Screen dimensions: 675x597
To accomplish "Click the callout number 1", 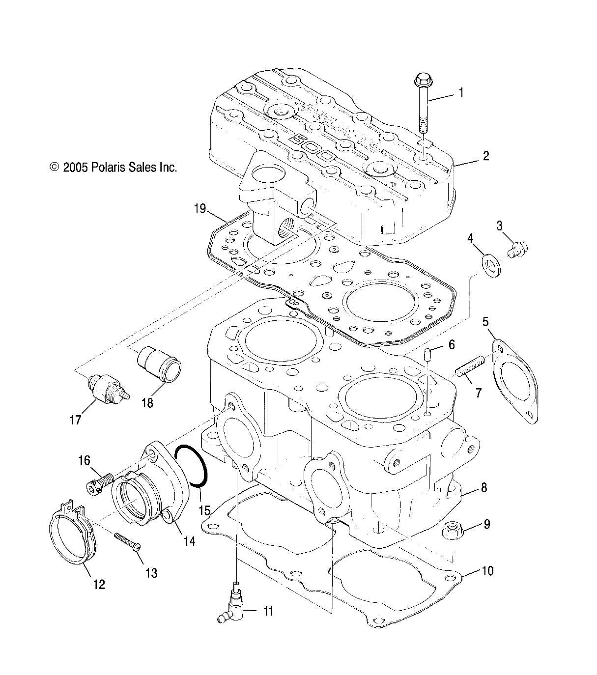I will (x=461, y=92).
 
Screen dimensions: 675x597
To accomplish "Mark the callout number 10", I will (x=487, y=571).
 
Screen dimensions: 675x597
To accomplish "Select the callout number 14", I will (x=189, y=541).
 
